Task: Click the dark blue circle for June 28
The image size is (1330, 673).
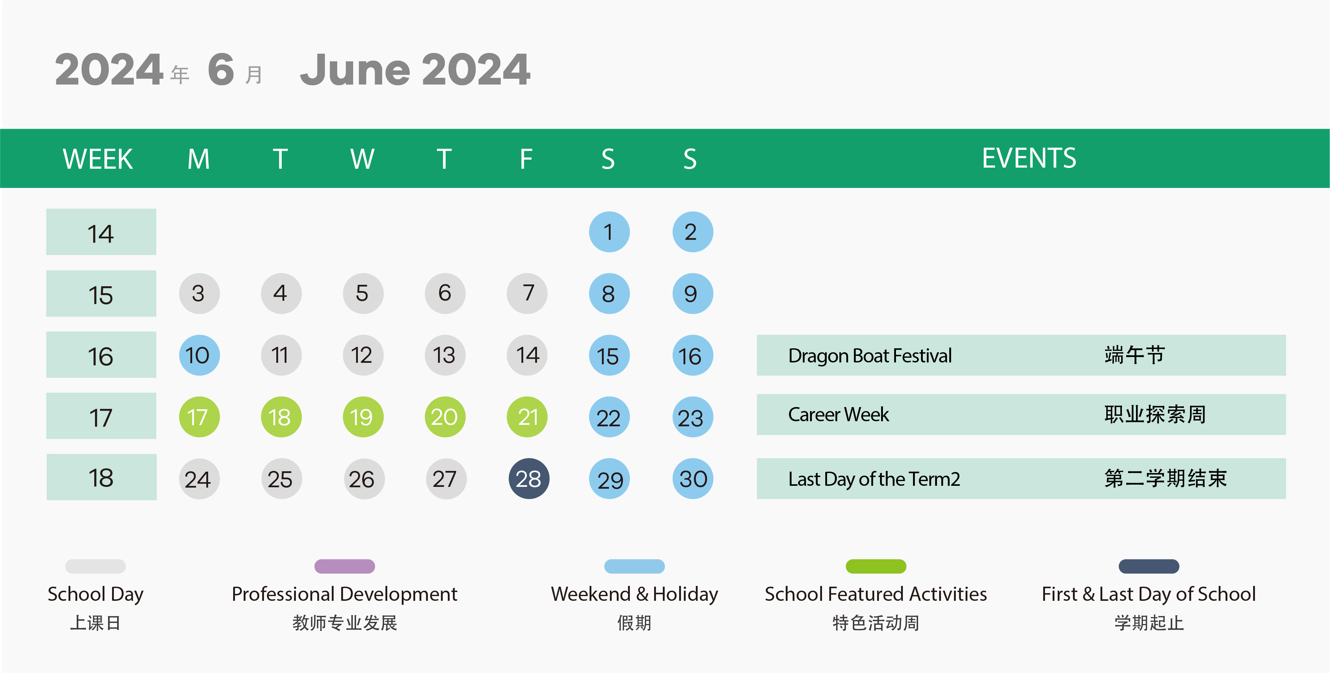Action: (529, 479)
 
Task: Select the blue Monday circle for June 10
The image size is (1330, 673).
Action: (199, 355)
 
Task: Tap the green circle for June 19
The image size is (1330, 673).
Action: (363, 417)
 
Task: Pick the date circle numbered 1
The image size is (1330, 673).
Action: (609, 232)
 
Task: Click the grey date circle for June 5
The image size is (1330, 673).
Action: (363, 294)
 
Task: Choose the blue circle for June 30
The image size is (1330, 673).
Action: (693, 479)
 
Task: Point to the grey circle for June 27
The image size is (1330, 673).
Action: (446, 479)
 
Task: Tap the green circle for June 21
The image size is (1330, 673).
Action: (527, 417)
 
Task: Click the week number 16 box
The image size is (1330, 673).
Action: (101, 355)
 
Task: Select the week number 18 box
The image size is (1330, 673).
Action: (101, 477)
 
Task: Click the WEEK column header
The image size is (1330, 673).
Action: (98, 159)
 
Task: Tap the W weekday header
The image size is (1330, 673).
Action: (363, 159)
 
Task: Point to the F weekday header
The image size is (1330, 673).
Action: (526, 159)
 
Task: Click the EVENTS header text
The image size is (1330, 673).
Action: (1029, 158)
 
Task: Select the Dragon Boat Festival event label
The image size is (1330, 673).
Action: (870, 356)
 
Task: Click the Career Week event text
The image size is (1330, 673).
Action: (838, 415)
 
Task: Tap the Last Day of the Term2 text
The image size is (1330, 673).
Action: (874, 479)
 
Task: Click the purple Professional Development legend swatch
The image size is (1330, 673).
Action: (344, 566)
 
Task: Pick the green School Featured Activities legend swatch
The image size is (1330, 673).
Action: (876, 566)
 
